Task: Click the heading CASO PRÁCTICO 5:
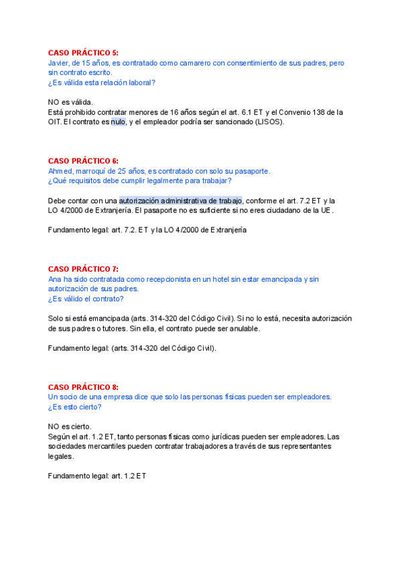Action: [x=83, y=52]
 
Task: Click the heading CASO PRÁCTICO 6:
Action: [x=83, y=161]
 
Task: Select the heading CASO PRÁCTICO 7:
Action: [x=83, y=269]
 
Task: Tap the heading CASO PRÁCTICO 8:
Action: [x=83, y=387]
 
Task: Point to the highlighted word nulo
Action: [x=118, y=122]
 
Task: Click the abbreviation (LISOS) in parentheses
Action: [x=268, y=122]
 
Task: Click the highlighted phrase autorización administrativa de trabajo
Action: [x=181, y=200]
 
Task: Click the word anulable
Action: [x=242, y=329]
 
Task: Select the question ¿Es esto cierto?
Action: [x=75, y=407]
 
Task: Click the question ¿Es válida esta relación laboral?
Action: [x=102, y=83]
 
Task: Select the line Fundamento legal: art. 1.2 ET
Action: [x=97, y=476]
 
